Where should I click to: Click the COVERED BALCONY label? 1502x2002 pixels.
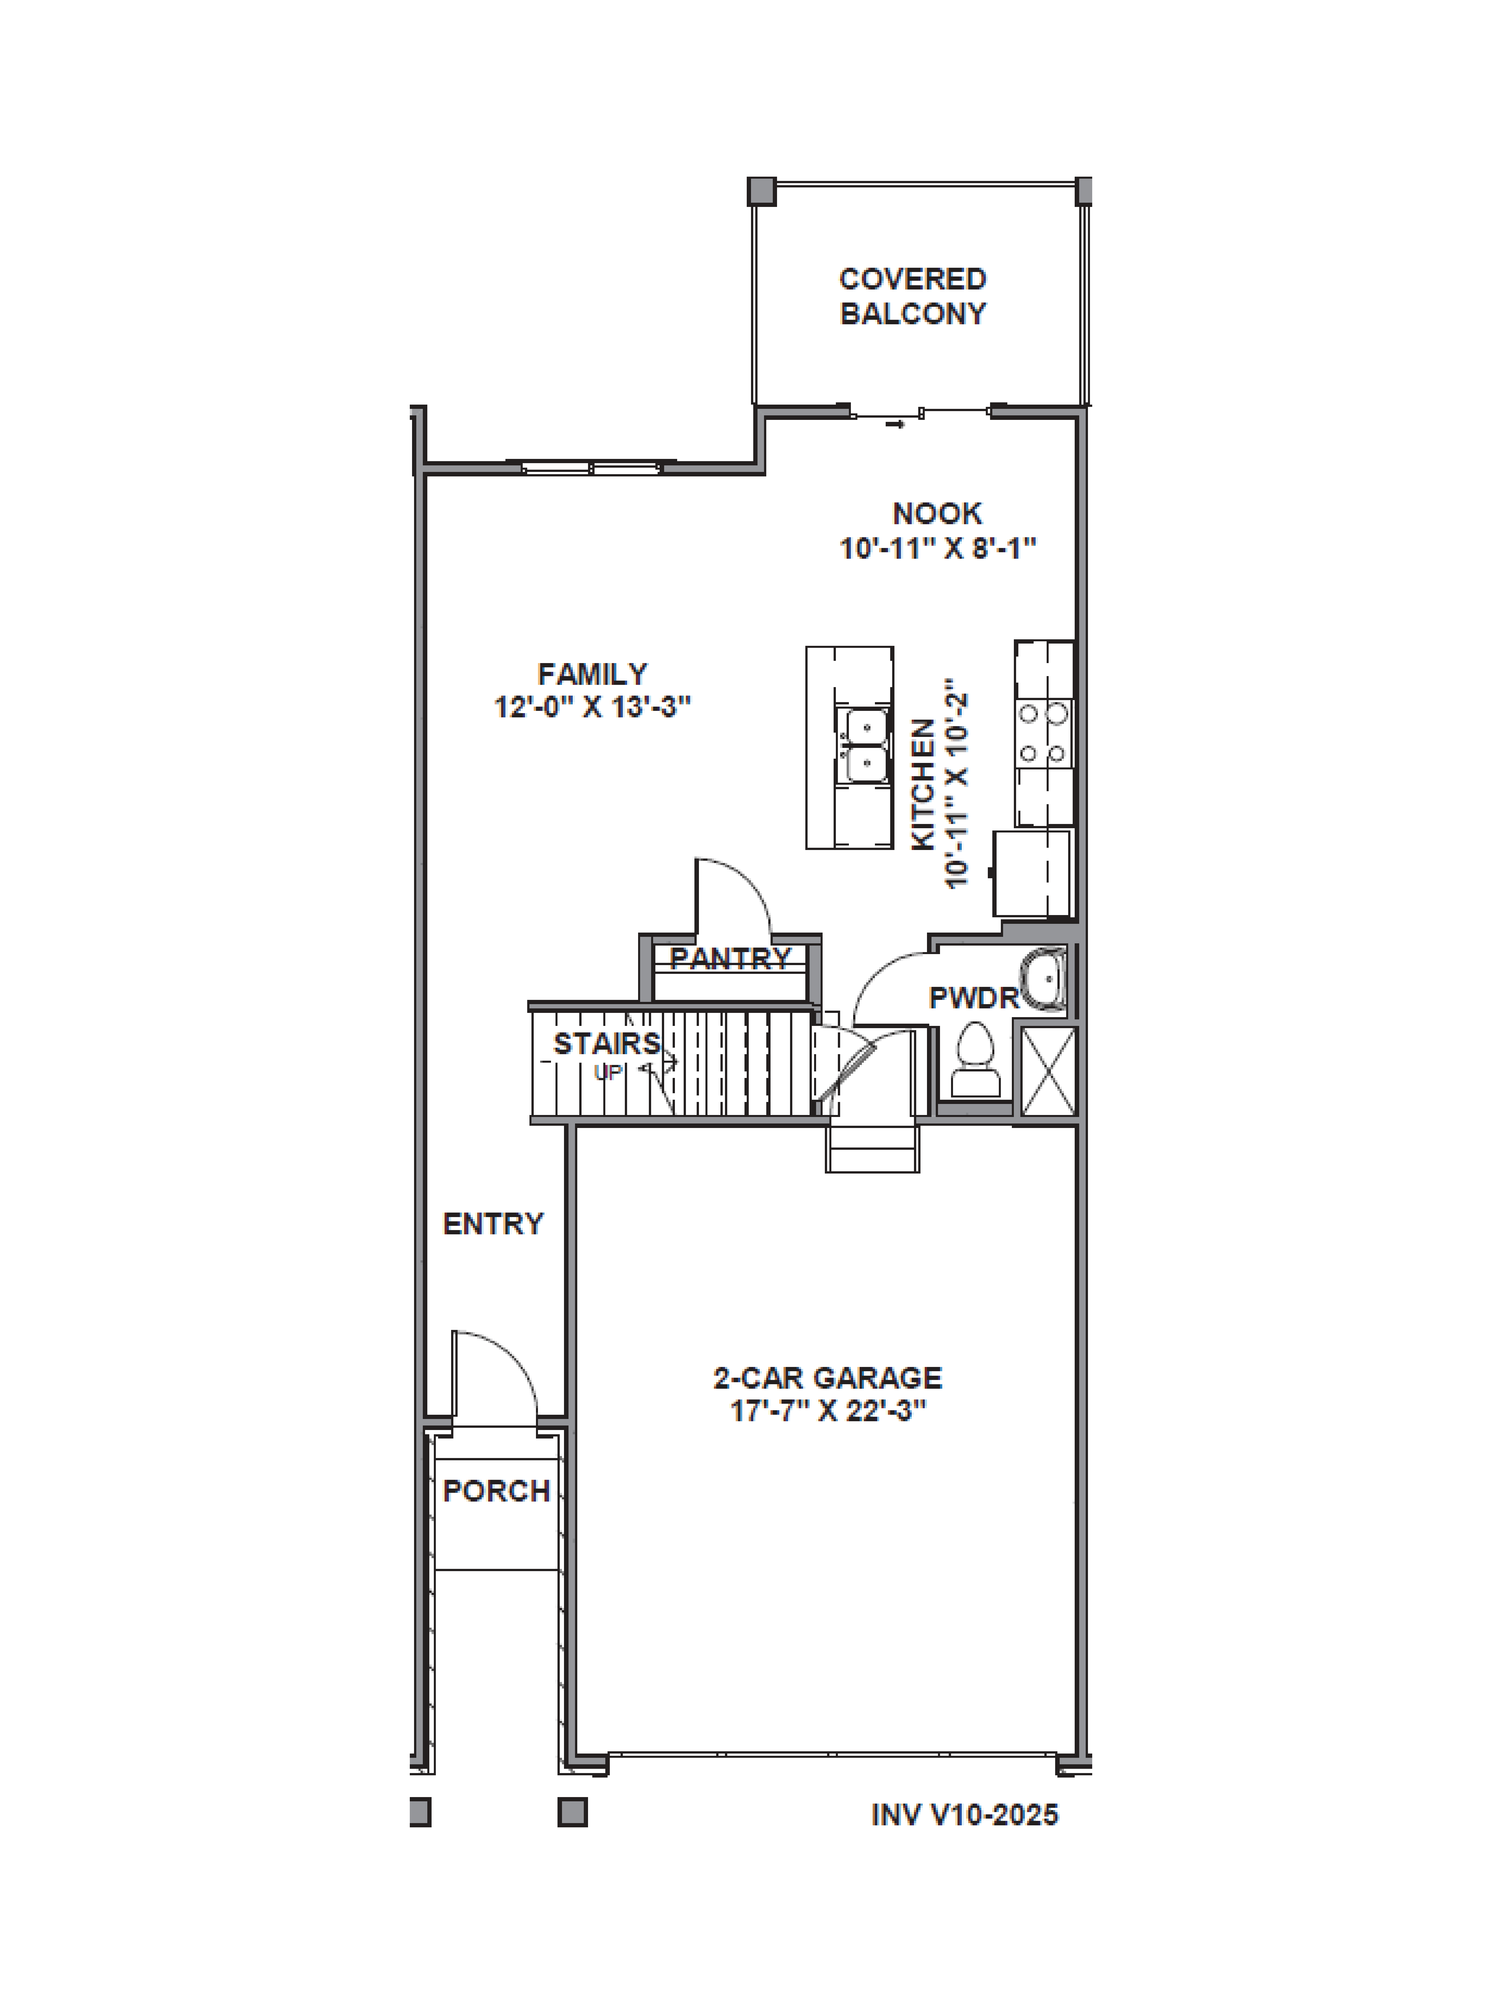pyautogui.click(x=912, y=296)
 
